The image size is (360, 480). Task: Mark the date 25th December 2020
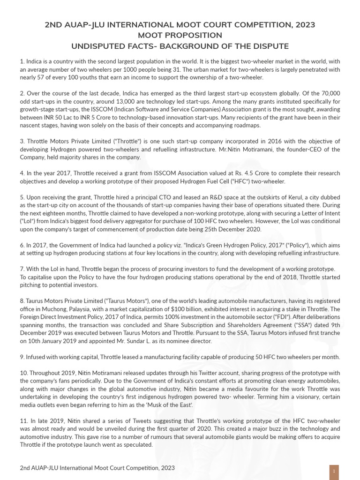225,229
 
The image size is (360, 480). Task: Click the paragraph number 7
22,269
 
